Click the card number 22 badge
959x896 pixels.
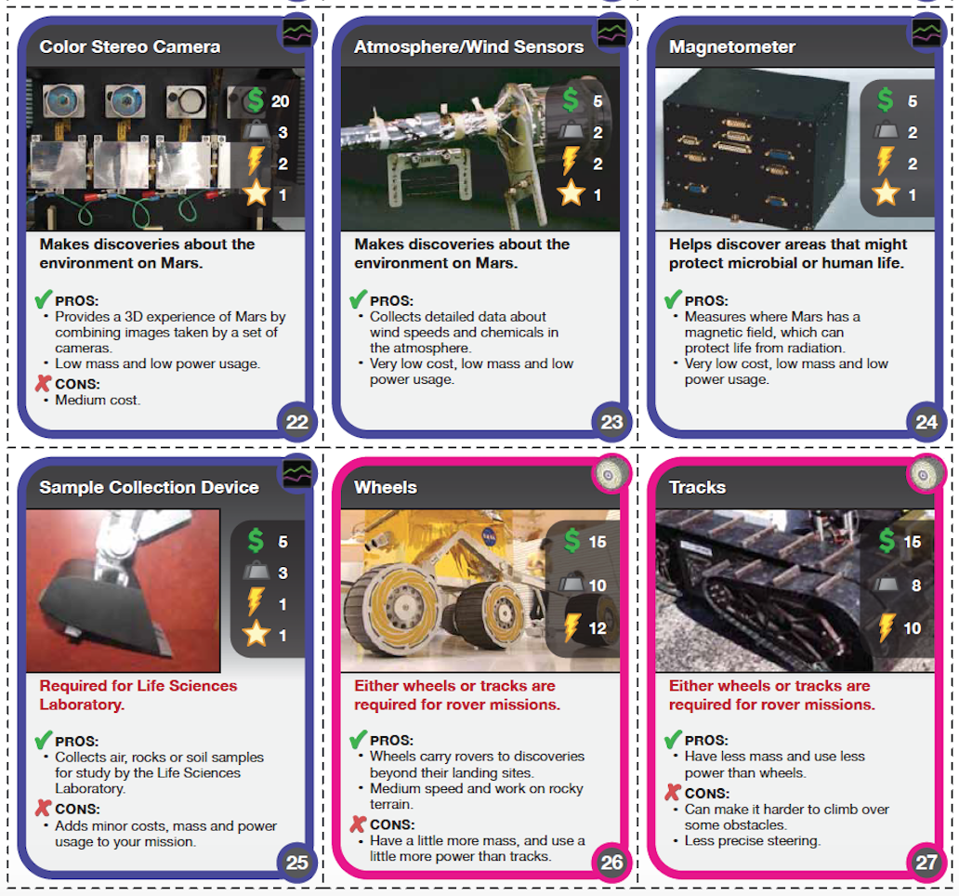[297, 422]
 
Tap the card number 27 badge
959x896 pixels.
[926, 863]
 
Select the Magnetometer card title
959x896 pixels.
[732, 47]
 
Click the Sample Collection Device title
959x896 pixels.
[150, 487]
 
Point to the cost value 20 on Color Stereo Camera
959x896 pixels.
[280, 101]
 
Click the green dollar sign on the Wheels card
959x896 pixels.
[571, 541]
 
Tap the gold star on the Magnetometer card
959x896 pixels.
[885, 194]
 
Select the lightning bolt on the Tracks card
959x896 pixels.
[886, 627]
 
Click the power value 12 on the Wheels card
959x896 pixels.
[597, 628]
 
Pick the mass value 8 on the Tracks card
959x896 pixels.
[915, 586]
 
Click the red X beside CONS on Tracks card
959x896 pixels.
[673, 793]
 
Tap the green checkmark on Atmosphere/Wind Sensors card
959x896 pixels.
[359, 299]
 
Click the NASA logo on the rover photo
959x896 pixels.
[489, 536]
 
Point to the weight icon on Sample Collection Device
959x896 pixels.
[256, 572]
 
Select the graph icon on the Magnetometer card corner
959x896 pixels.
[926, 32]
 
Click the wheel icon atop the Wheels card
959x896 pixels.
[610, 474]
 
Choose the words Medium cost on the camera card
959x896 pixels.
[98, 400]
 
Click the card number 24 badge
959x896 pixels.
[926, 422]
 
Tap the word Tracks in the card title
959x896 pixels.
[697, 487]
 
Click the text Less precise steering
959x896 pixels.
[753, 841]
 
